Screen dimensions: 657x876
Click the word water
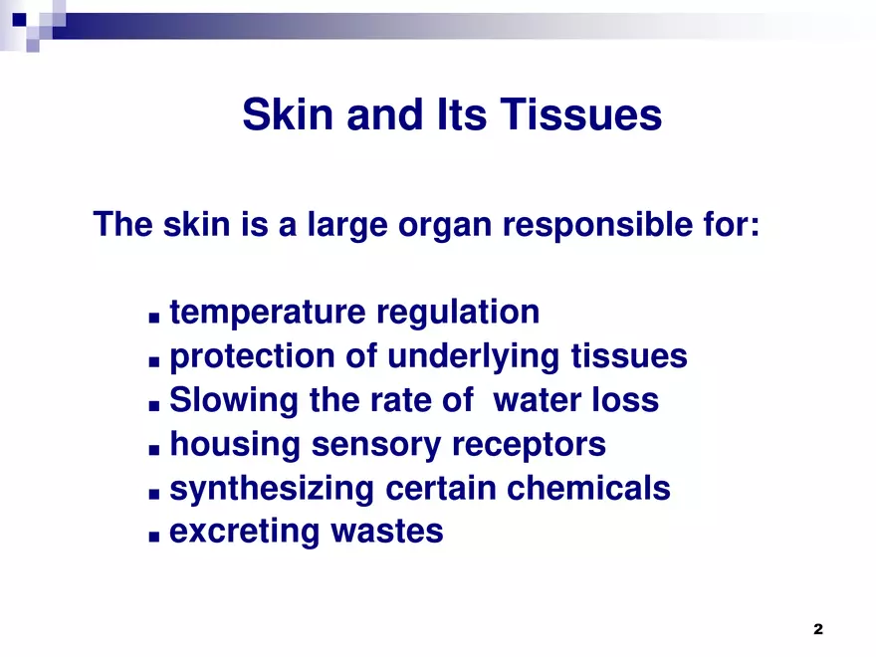[x=542, y=401]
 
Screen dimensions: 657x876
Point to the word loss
[x=628, y=401]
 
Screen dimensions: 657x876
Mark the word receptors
[x=529, y=445]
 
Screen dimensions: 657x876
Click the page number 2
[x=818, y=629]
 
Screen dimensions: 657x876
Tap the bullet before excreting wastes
[x=153, y=536]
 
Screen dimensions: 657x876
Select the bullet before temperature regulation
[x=153, y=317]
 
